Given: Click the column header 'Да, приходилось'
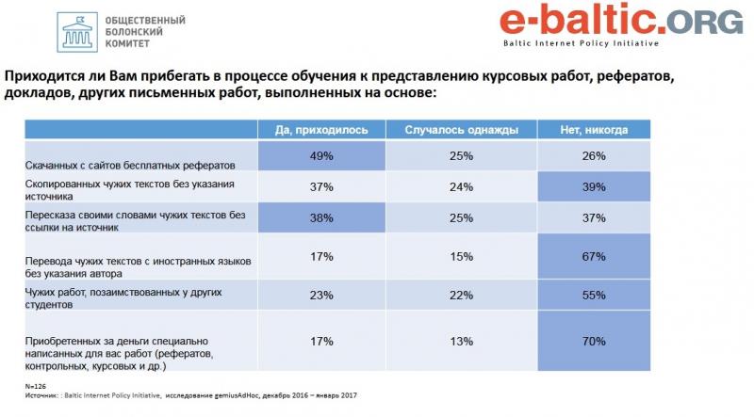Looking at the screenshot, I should pyautogui.click(x=321, y=129).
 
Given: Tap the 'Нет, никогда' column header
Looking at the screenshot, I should pyautogui.click(x=593, y=129).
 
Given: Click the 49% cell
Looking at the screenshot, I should pyautogui.click(x=321, y=156).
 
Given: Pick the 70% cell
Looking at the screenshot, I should pyautogui.click(x=593, y=342).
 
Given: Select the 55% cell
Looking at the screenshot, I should pyautogui.click(x=593, y=295).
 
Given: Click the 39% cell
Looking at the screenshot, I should pyautogui.click(x=593, y=186).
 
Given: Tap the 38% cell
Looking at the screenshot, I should pyautogui.click(x=321, y=218).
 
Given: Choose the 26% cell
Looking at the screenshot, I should pyautogui.click(x=593, y=156).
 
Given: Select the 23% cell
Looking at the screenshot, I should pyautogui.click(x=321, y=295).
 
